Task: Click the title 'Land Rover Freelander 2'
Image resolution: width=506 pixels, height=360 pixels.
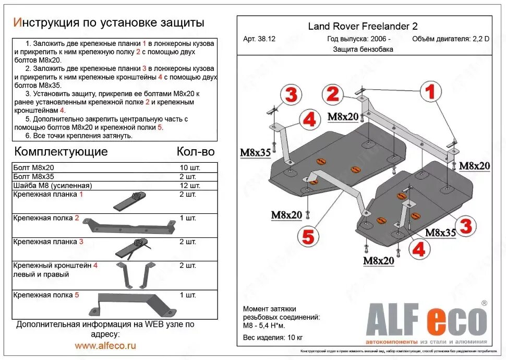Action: pos(363,27)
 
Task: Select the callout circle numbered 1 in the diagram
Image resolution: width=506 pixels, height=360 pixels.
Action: pos(429,92)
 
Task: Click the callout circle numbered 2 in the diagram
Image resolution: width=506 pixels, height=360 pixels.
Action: pos(333,94)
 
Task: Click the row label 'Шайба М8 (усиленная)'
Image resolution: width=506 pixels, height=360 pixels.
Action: pos(53,185)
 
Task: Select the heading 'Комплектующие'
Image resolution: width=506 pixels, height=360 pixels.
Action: pos(61,152)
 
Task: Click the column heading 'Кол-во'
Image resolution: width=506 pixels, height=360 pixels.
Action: pos(196,152)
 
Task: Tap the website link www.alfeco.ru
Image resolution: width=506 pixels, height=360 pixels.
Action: pos(105,345)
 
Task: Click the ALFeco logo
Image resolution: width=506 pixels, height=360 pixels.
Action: pos(426,320)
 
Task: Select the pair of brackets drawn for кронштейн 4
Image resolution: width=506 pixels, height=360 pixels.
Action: pos(134,274)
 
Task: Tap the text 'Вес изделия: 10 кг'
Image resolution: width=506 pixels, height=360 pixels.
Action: pos(273,337)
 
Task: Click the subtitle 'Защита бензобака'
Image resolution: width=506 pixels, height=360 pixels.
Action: pos(363,50)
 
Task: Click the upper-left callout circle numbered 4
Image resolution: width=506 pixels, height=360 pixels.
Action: pos(309,120)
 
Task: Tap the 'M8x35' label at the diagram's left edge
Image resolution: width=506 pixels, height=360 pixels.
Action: pos(256,153)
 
